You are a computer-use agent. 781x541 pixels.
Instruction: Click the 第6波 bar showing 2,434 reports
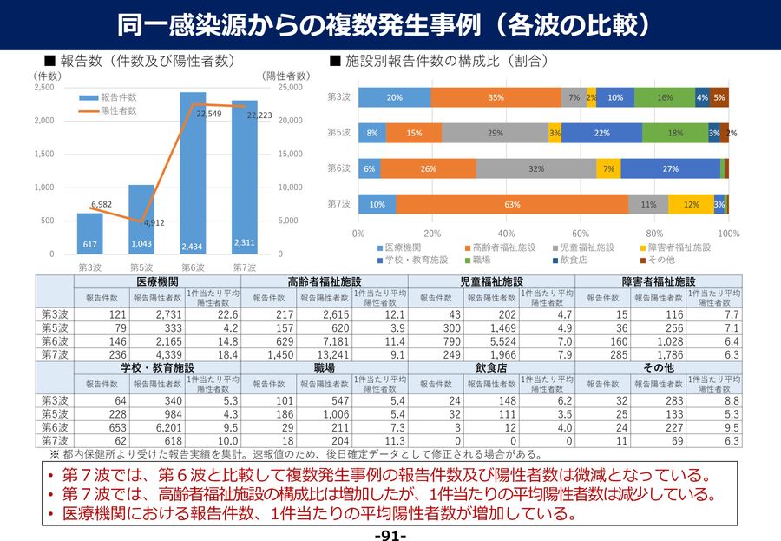pos(193,174)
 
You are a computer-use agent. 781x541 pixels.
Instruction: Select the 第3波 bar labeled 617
pos(89,234)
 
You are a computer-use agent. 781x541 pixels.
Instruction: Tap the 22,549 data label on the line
pos(208,114)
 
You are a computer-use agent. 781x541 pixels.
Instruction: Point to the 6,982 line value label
pos(102,204)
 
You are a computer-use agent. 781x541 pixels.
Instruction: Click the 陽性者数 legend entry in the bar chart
pos(117,111)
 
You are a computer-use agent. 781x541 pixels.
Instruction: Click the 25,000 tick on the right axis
pos(290,88)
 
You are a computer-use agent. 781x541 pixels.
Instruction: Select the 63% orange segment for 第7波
pos(512,204)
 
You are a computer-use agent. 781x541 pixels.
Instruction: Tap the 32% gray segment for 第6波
pos(535,168)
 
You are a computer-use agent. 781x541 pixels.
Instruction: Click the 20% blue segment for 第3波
pos(394,97)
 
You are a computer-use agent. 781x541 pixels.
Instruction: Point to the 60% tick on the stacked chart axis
pos(581,234)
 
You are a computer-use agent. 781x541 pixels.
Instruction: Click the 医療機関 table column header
pos(157,282)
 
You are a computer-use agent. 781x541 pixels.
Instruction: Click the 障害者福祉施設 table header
pos(660,282)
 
